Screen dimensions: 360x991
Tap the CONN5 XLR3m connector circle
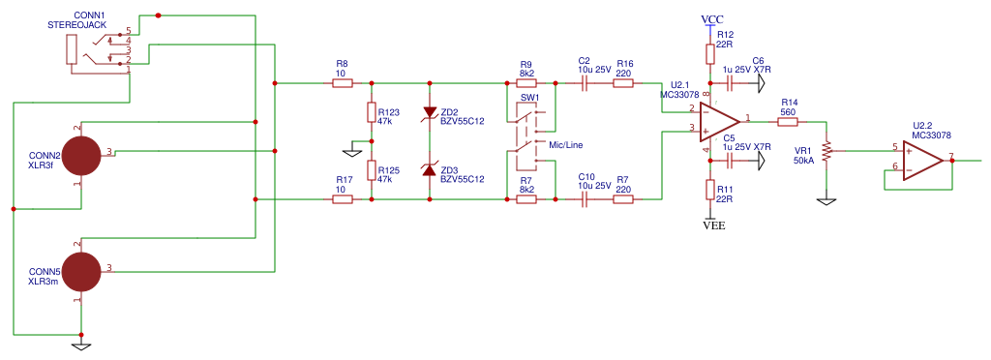80,271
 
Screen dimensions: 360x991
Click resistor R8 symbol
342,83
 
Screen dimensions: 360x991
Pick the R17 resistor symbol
342,199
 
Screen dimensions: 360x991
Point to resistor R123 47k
371,113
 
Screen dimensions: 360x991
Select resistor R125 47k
371,170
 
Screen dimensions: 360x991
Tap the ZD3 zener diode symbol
430,170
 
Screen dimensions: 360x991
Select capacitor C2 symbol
584,83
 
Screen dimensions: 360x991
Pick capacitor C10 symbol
584,199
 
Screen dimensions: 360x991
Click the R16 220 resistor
623,83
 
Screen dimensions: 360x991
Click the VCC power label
712,19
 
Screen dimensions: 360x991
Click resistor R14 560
788,122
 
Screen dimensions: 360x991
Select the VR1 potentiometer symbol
826,152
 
